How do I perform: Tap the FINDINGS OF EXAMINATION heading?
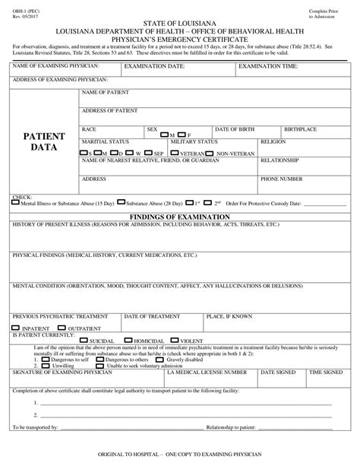click(180, 217)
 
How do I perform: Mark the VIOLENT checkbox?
click(176, 340)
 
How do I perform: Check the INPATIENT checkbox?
click(15, 327)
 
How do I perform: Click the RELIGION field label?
click(273, 141)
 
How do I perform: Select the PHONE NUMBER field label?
click(281, 179)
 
